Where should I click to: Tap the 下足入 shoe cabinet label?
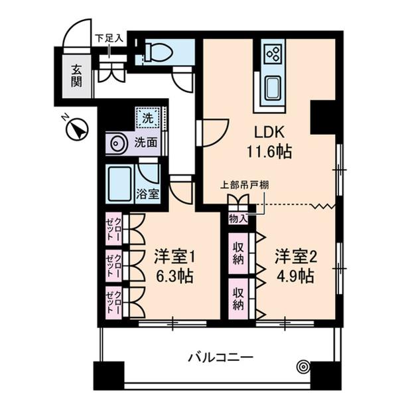click(109, 38)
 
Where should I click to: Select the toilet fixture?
click(157, 52)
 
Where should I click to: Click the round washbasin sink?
click(119, 143)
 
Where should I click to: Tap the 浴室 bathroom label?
click(147, 194)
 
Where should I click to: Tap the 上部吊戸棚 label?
click(245, 185)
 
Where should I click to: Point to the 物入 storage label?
click(238, 218)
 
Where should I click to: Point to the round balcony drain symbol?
click(303, 365)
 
